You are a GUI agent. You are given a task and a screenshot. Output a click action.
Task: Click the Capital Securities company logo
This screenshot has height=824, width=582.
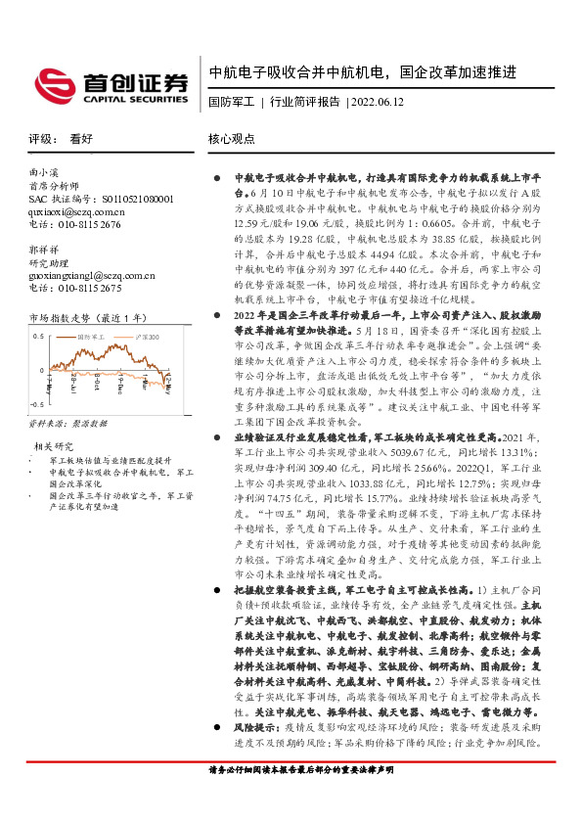click(111, 84)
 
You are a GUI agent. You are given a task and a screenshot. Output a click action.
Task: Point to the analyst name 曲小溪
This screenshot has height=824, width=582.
click(44, 172)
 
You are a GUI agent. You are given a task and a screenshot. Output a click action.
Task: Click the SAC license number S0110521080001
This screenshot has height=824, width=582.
click(101, 198)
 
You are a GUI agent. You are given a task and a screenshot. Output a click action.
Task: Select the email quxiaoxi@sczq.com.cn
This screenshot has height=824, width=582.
click(77, 210)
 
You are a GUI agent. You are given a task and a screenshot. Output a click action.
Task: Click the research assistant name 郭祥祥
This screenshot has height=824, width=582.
click(44, 250)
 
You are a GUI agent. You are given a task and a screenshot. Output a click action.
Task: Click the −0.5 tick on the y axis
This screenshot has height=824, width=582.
click(37, 402)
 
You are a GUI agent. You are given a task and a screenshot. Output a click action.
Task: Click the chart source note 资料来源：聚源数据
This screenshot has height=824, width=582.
click(67, 424)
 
